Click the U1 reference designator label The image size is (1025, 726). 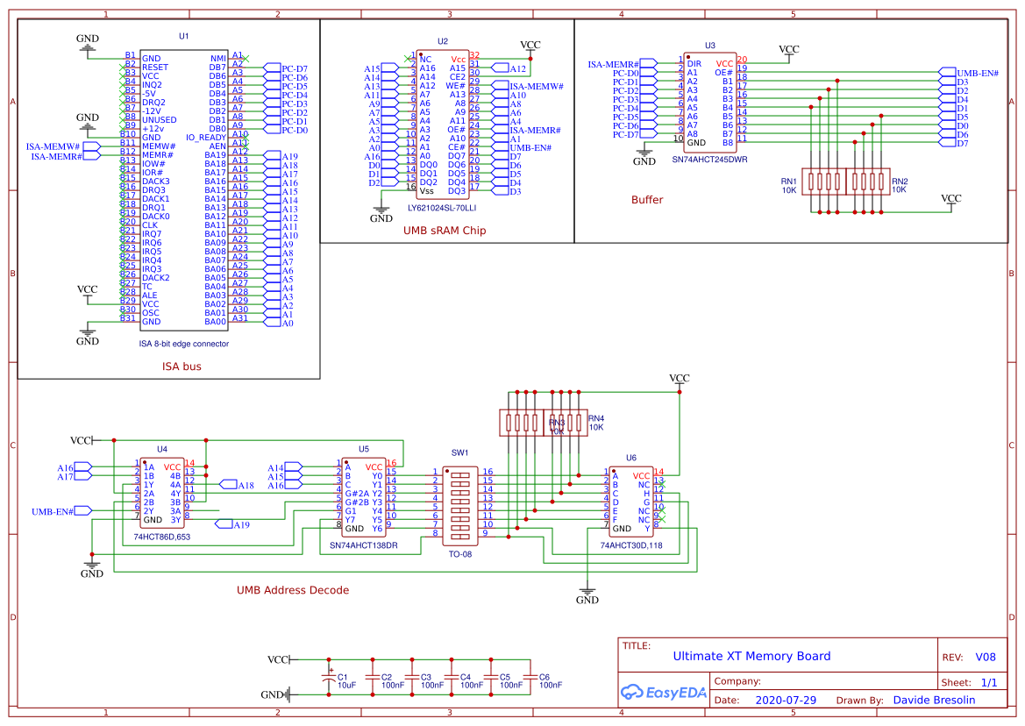click(x=183, y=37)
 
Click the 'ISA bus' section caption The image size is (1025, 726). click(x=182, y=367)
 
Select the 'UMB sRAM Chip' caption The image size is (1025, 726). click(x=445, y=231)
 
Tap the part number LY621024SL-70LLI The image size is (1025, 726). click(x=442, y=208)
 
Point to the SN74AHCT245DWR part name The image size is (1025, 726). click(x=709, y=160)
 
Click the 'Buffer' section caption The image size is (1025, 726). click(x=647, y=200)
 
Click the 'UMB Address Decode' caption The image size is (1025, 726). click(x=293, y=590)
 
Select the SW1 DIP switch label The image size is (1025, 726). click(x=459, y=453)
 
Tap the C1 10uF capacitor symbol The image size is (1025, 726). click(x=330, y=677)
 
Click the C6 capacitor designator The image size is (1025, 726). click(x=544, y=677)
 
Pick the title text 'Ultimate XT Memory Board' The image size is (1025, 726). click(x=751, y=656)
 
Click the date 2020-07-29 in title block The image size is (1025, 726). click(x=787, y=701)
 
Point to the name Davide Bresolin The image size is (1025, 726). click(x=935, y=701)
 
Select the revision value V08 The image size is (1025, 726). click(x=986, y=657)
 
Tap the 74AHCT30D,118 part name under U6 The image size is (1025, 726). click(x=631, y=545)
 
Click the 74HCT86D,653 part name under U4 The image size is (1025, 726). click(x=162, y=536)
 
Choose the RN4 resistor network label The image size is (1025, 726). click(x=596, y=417)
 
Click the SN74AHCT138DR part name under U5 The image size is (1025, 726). click(x=363, y=545)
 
